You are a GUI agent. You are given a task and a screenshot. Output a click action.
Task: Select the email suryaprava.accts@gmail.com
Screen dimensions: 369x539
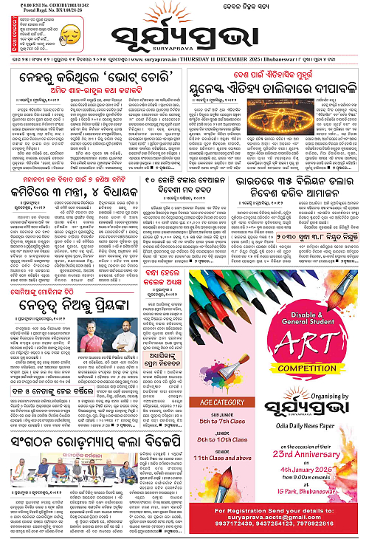[277, 515]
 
